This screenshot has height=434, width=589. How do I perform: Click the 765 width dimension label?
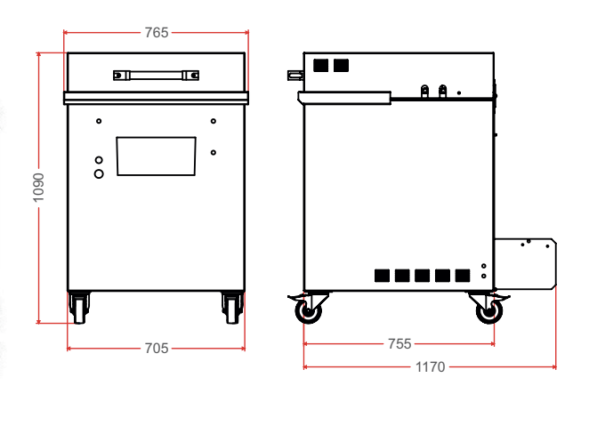(157, 33)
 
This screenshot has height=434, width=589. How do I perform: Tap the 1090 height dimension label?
(38, 188)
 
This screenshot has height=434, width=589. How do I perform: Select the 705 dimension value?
(157, 349)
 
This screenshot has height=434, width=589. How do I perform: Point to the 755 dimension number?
(399, 344)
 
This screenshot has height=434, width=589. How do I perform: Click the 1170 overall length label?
(430, 366)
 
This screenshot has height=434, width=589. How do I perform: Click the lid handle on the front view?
(156, 76)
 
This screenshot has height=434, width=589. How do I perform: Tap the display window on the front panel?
(156, 157)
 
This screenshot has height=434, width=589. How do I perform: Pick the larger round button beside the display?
(99, 173)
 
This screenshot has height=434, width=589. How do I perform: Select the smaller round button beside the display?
(99, 160)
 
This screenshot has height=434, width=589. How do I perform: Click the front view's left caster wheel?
(80, 308)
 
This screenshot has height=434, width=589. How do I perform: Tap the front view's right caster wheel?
(232, 308)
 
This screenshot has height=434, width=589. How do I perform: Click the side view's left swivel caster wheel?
(309, 311)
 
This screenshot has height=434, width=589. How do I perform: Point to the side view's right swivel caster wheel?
(489, 311)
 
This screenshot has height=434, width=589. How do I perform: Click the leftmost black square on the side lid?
(321, 65)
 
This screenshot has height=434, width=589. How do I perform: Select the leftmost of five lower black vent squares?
(382, 276)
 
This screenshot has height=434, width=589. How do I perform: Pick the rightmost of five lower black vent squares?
(463, 276)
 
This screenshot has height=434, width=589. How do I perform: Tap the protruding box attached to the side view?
(525, 263)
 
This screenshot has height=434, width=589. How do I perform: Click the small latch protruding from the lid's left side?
(295, 76)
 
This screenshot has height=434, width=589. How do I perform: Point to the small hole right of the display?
(214, 152)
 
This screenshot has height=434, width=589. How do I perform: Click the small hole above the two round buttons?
(99, 121)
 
